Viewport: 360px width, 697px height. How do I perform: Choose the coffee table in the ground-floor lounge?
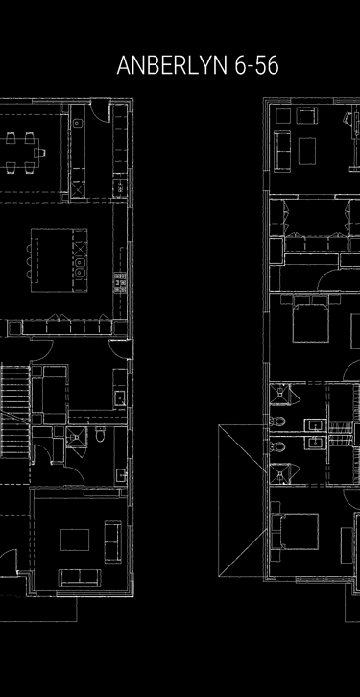coord(75,541)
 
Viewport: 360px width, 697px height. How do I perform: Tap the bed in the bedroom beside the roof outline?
coord(299,533)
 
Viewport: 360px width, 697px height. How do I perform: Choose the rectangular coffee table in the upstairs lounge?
coord(308,151)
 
